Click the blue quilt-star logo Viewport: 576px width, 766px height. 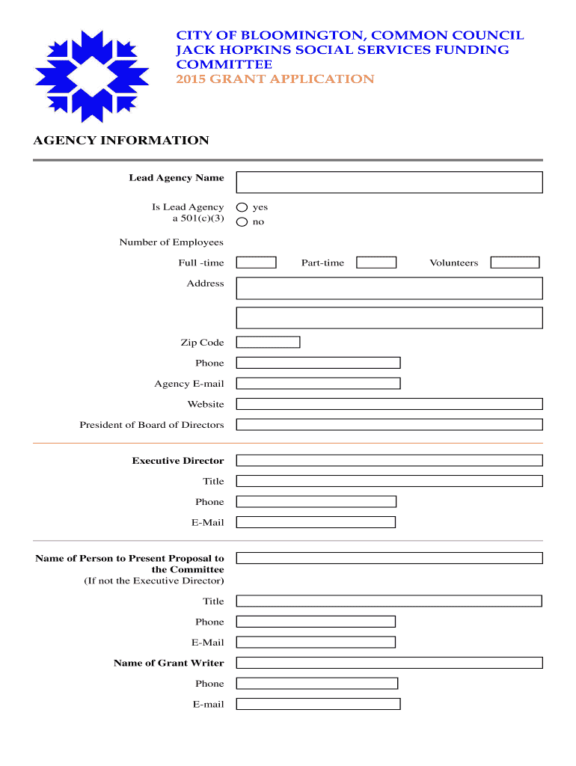click(x=87, y=76)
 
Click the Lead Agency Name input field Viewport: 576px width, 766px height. click(x=389, y=183)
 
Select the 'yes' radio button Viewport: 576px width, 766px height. click(x=242, y=207)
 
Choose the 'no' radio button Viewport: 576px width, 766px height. click(x=242, y=222)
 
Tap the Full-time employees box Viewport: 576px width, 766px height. click(x=256, y=263)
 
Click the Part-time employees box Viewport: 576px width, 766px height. click(x=376, y=263)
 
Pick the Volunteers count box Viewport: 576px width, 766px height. click(x=515, y=263)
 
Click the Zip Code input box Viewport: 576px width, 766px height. click(x=268, y=343)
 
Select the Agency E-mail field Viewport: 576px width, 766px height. click(x=318, y=384)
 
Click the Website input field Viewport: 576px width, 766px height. click(x=389, y=404)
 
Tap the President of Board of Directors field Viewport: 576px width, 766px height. click(x=389, y=425)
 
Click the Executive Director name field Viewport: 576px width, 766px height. click(x=389, y=461)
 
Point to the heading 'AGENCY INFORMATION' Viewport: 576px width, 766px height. click(x=121, y=141)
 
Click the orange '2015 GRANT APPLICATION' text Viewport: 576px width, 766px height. click(x=275, y=79)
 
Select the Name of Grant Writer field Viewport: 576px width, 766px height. click(x=389, y=663)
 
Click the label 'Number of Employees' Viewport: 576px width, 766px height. click(x=171, y=242)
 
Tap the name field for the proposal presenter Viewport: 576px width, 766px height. click(x=389, y=558)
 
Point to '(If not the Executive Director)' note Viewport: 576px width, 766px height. click(x=154, y=581)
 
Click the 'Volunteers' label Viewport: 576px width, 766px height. click(x=453, y=263)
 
